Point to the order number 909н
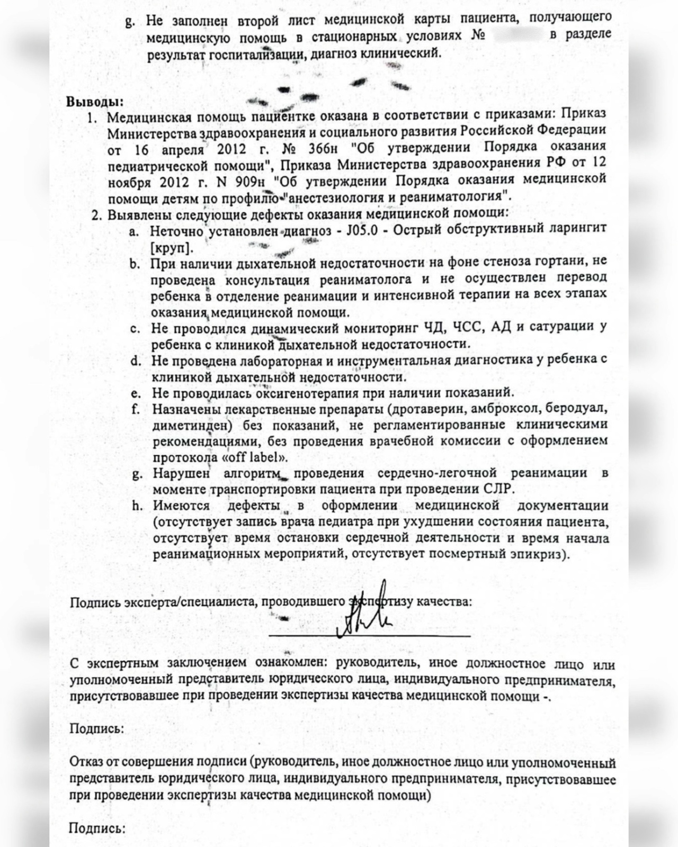tap(254, 179)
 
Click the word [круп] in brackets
tap(172, 247)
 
